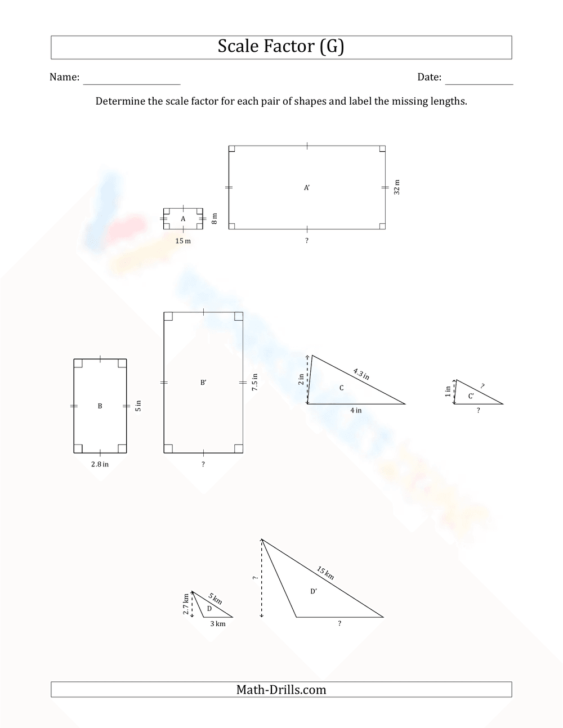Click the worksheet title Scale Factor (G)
click(280, 47)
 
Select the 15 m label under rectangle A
click(183, 241)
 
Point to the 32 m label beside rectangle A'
click(397, 187)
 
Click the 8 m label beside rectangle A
click(214, 218)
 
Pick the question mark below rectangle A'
click(307, 240)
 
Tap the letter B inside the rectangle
click(100, 406)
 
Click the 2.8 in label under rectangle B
click(100, 464)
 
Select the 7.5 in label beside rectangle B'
click(255, 383)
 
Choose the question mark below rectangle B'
click(203, 464)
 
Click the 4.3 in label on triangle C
click(361, 374)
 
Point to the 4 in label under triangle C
click(356, 410)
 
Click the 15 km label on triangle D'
click(325, 573)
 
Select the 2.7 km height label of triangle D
click(186, 604)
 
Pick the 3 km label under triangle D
click(218, 623)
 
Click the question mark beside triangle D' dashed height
click(254, 578)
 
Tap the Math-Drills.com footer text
click(281, 690)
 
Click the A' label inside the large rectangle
click(307, 188)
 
